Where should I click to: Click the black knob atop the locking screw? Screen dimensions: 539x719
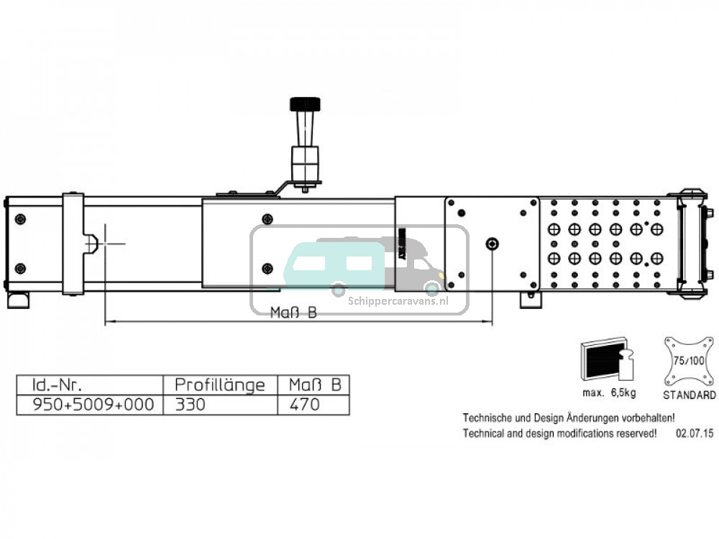(x=305, y=104)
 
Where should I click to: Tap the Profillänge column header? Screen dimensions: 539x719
(x=219, y=384)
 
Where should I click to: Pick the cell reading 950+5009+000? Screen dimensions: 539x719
(x=93, y=405)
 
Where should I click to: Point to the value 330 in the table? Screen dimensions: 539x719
(x=191, y=405)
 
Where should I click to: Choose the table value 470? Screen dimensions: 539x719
(x=305, y=405)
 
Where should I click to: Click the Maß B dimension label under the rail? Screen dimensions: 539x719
(x=294, y=313)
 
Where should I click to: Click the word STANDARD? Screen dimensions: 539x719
(x=690, y=395)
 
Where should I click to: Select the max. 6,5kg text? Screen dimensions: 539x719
(x=609, y=393)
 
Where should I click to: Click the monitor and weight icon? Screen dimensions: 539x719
(x=606, y=359)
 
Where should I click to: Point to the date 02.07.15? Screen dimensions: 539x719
(x=695, y=433)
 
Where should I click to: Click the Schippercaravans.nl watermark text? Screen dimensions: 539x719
(x=398, y=302)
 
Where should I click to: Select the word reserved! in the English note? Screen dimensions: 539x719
(x=633, y=433)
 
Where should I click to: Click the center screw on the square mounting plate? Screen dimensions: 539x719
(x=492, y=244)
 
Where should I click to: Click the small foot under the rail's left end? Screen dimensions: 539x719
(x=17, y=299)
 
